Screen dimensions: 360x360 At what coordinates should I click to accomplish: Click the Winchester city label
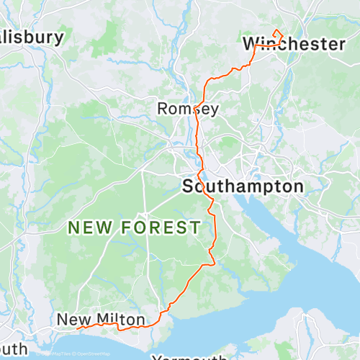294,44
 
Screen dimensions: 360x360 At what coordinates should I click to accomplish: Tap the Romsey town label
188,109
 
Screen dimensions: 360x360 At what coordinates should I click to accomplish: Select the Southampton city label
243,186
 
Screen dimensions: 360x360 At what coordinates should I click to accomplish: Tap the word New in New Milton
73,319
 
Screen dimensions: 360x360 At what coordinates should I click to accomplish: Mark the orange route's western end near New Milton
77,328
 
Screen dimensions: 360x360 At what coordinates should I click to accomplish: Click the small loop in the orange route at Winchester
278,33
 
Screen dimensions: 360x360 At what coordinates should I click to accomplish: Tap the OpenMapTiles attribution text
59,354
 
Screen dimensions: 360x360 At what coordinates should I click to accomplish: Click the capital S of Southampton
188,186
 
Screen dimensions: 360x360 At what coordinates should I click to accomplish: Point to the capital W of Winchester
251,44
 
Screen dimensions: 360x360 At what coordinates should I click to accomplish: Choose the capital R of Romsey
163,109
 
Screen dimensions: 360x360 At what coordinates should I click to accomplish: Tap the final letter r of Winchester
341,45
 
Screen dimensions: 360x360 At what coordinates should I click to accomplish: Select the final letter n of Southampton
298,186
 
